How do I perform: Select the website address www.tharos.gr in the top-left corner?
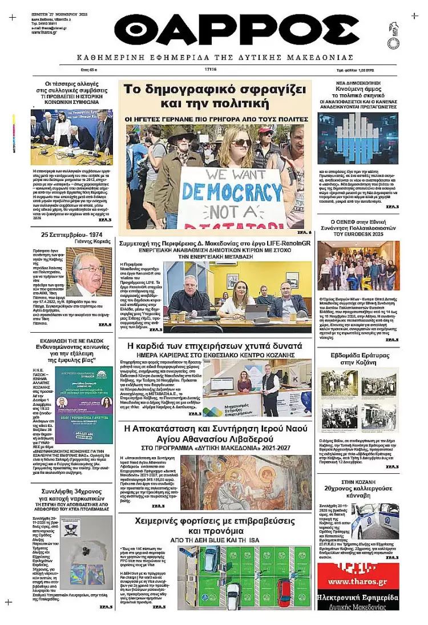pyautogui.click(x=44, y=32)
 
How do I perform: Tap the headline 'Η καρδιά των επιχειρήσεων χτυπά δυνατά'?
pyautogui.click(x=214, y=346)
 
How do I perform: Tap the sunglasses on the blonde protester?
pyautogui.click(x=240, y=142)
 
